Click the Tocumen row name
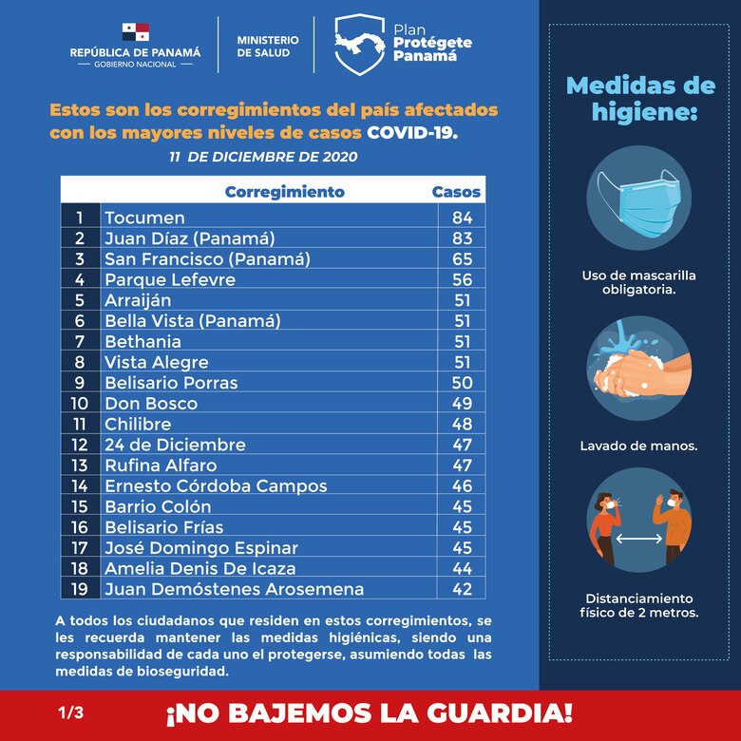[x=144, y=218]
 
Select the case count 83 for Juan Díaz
[x=462, y=238]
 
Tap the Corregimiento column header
[x=284, y=192]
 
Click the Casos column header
[x=456, y=192]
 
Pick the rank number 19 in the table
[x=80, y=589]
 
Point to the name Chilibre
[x=138, y=424]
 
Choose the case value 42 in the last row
[x=462, y=589]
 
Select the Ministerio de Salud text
[x=267, y=47]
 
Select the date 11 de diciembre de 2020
[x=263, y=156]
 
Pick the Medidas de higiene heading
[x=640, y=99]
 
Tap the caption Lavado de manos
[x=638, y=446]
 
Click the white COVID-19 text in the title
[x=412, y=132]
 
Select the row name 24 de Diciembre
[x=175, y=445]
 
